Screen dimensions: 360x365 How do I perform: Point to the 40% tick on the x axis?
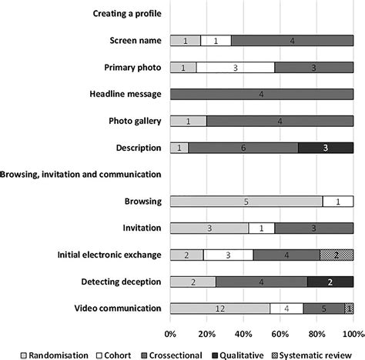point(243,334)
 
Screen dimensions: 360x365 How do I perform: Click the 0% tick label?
point(170,334)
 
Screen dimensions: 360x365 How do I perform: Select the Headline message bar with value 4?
point(262,94)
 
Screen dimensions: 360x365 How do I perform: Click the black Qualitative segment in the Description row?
point(325,148)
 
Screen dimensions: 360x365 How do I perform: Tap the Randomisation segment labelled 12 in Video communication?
point(219,308)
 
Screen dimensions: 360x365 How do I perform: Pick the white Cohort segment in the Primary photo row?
point(235,68)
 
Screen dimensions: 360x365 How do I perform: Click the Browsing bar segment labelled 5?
point(246,202)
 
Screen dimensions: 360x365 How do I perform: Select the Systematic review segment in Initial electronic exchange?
point(336,255)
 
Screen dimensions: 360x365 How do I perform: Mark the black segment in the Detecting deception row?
point(330,282)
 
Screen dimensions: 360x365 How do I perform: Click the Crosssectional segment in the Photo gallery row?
point(280,121)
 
